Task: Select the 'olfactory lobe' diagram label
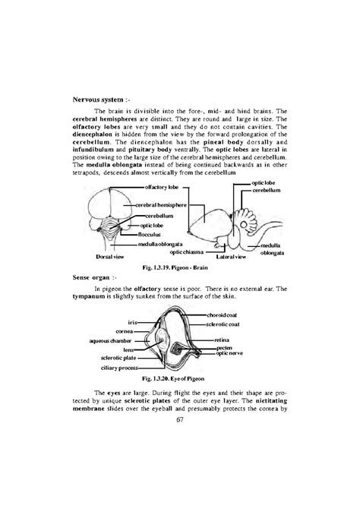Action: (x=160, y=186)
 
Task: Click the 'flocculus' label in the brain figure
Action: (x=152, y=234)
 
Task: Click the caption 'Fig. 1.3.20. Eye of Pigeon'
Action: (x=180, y=378)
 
